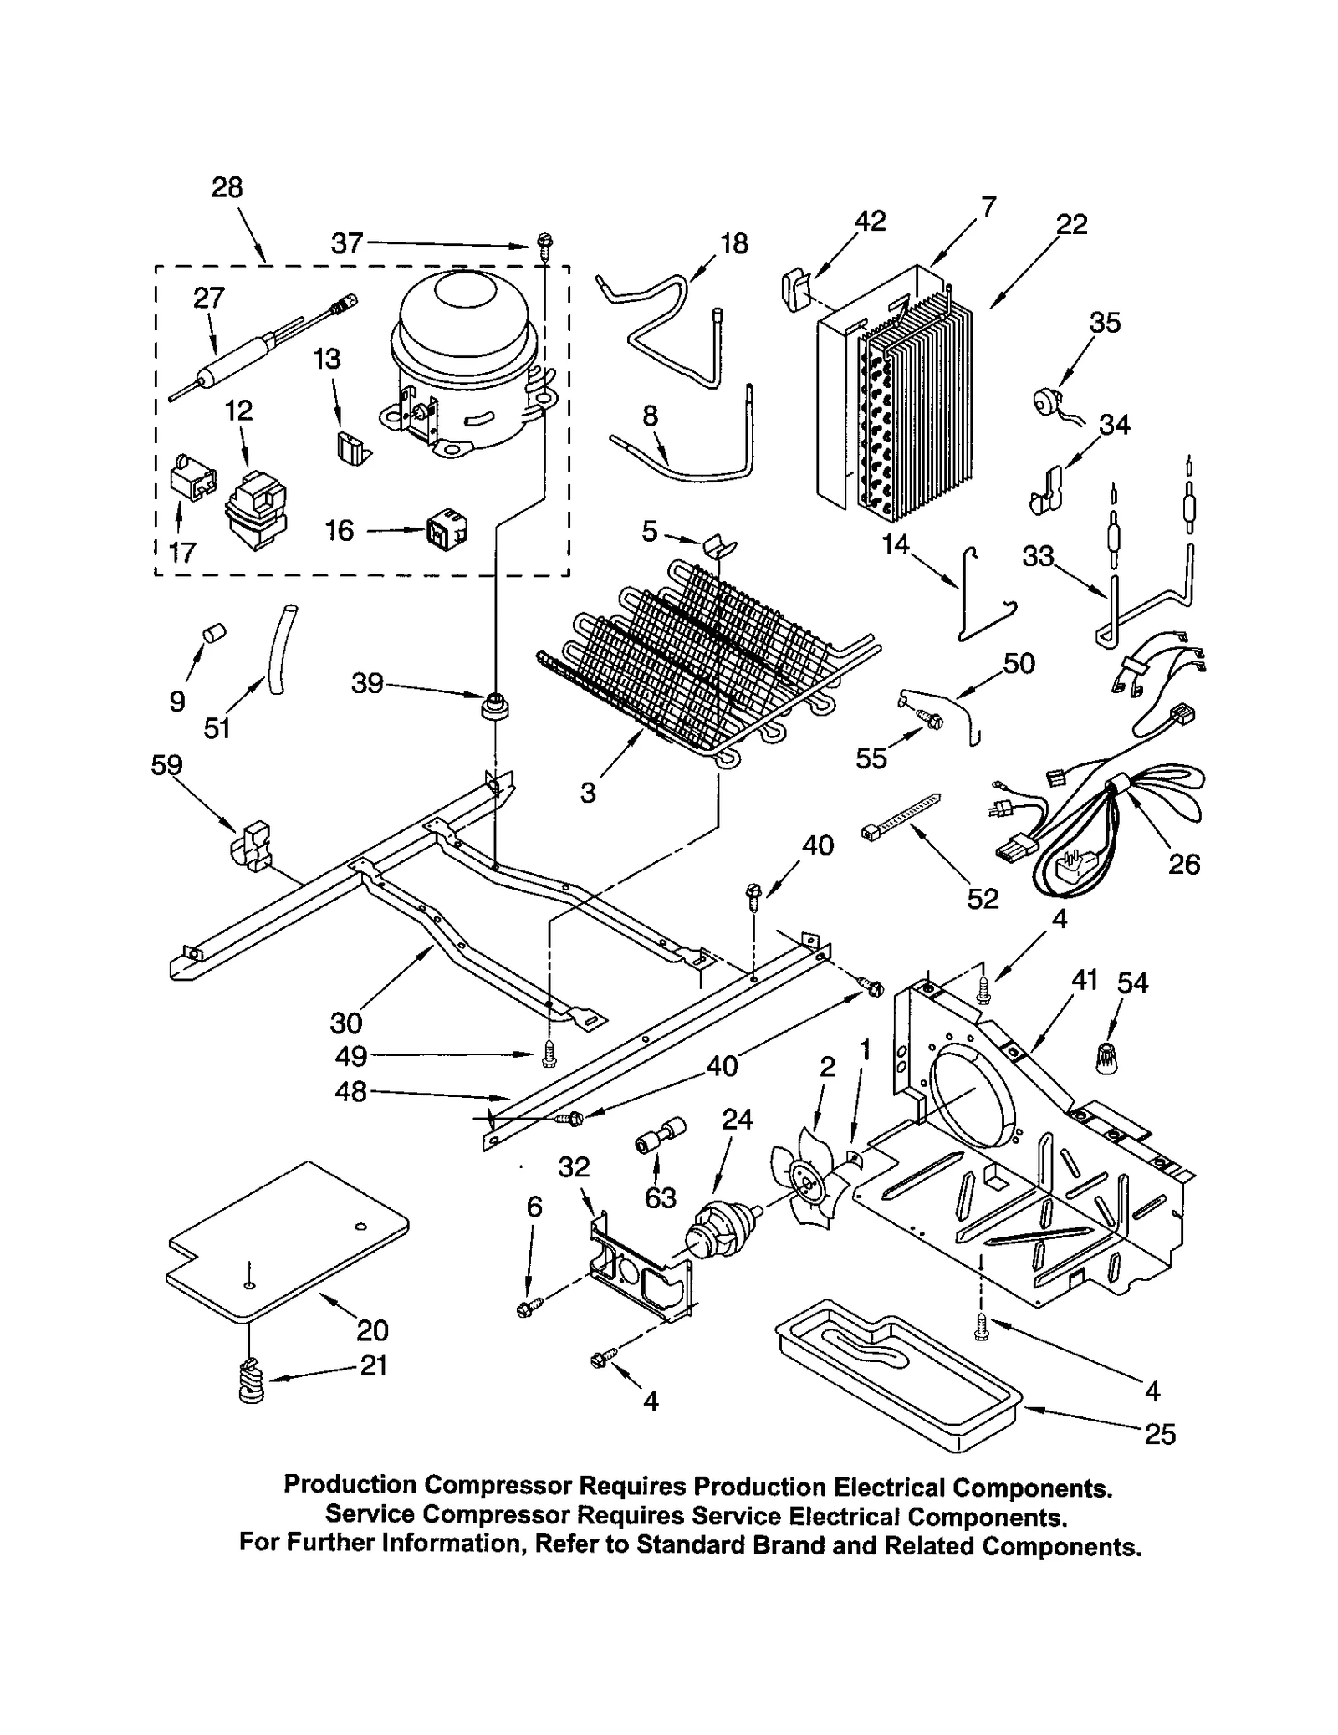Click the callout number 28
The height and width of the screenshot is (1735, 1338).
click(227, 187)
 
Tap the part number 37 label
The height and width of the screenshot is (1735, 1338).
click(346, 243)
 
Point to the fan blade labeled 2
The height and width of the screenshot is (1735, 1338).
click(805, 1177)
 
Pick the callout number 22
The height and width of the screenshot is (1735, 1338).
click(1071, 225)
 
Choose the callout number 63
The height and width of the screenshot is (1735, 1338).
click(660, 1198)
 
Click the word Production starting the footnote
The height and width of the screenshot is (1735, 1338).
click(350, 1485)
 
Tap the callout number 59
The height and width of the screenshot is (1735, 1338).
click(166, 765)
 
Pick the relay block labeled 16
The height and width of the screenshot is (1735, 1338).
click(447, 529)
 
